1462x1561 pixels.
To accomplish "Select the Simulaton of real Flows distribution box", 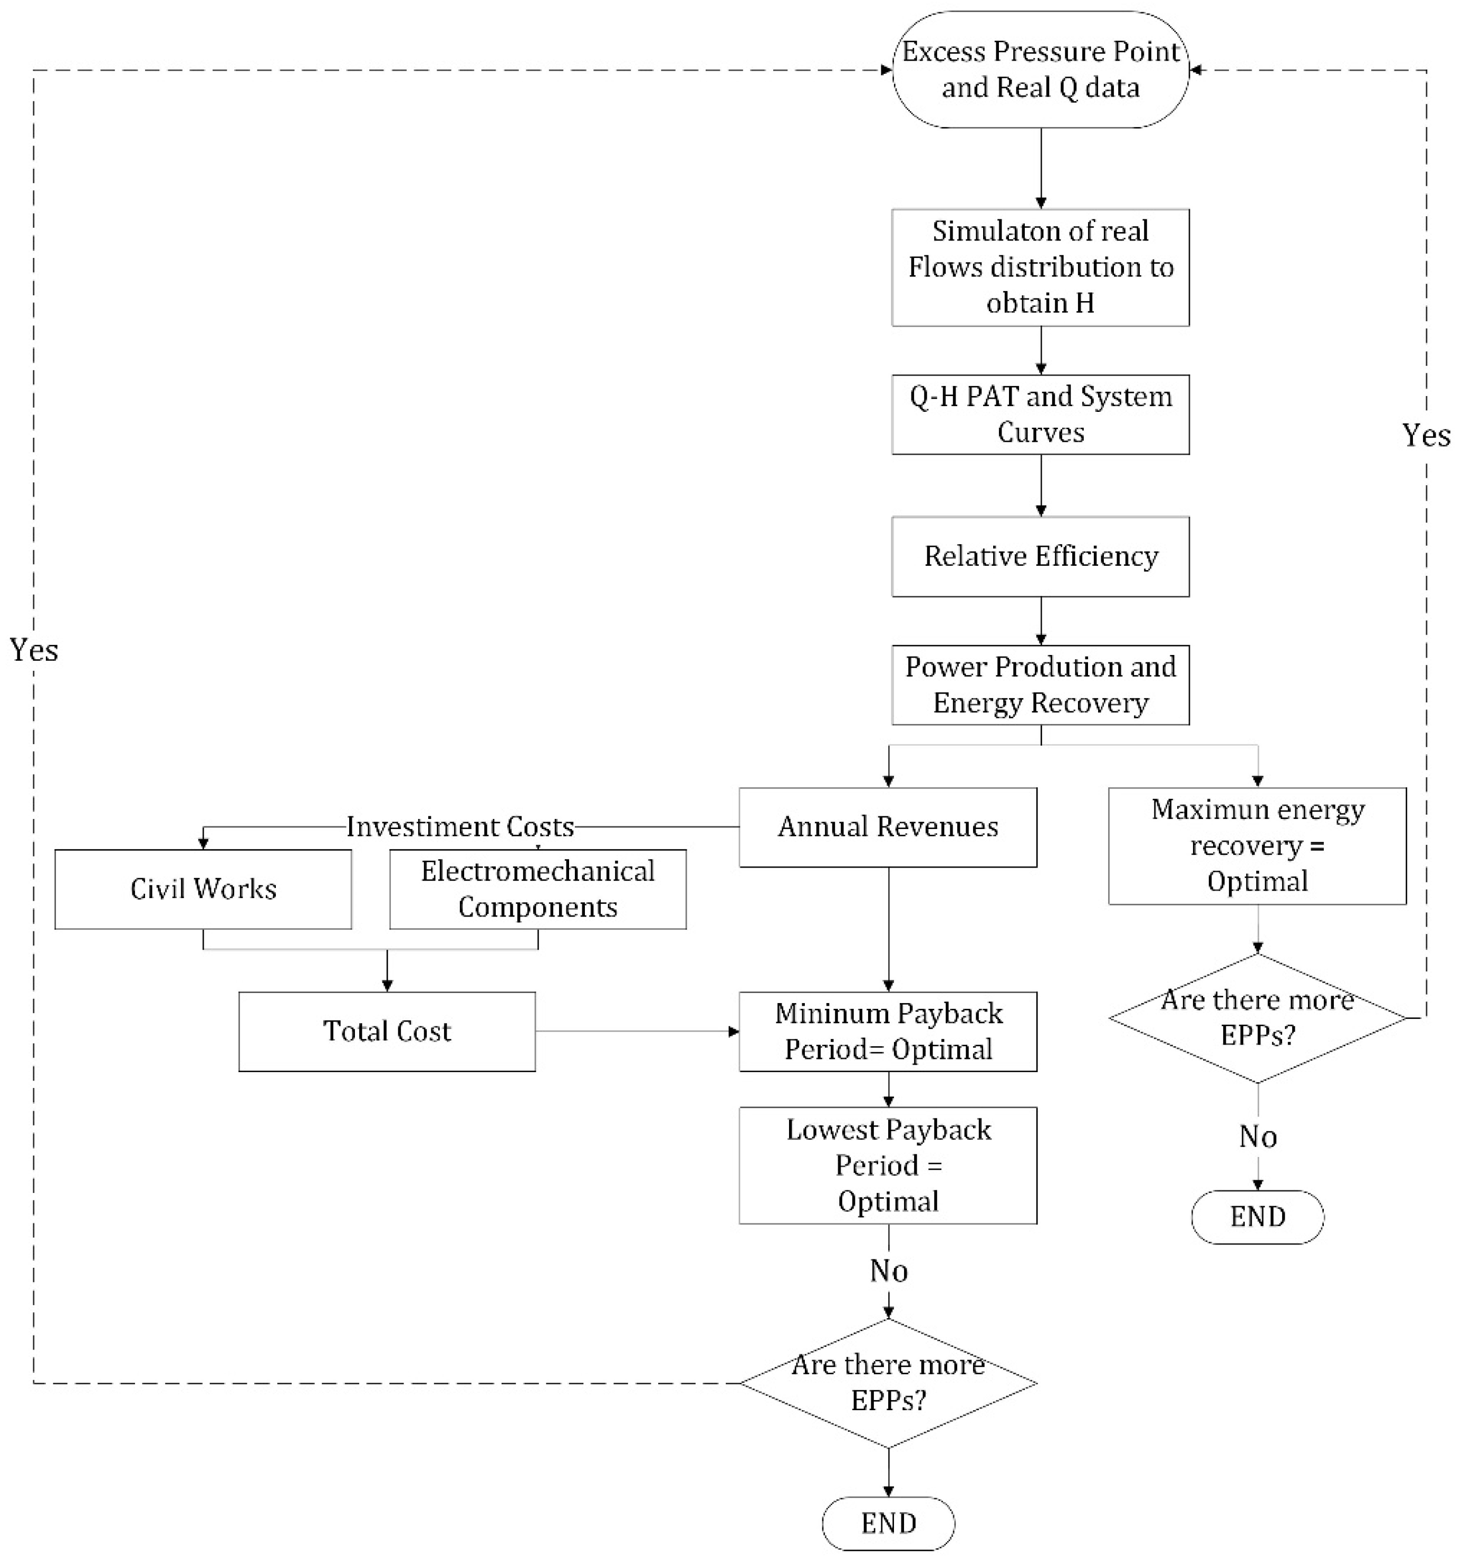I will [1041, 267].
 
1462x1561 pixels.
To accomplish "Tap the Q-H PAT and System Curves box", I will [1041, 415].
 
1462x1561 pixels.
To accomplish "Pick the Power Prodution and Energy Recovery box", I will [1041, 685].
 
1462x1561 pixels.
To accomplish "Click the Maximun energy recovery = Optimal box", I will [1257, 846].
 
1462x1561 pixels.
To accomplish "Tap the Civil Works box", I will [204, 889].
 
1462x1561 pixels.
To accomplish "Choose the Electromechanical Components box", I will [538, 889].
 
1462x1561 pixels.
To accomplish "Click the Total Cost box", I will [387, 1031].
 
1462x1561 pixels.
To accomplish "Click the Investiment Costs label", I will [460, 827].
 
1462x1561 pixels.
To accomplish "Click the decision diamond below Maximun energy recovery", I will [1257, 1018].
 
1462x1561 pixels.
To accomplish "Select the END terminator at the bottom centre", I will [888, 1524].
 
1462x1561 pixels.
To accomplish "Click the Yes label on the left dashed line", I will [34, 650].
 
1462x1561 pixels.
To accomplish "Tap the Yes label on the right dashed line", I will [1426, 435].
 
